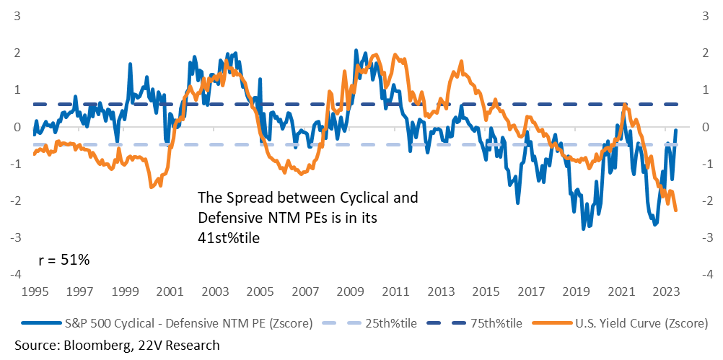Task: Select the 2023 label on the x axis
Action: coord(665,291)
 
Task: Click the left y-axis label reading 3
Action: coord(17,16)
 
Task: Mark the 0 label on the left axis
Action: coord(17,127)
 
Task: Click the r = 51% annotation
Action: coord(63,260)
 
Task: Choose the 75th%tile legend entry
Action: coord(474,324)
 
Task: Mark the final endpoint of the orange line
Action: coord(676,211)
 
